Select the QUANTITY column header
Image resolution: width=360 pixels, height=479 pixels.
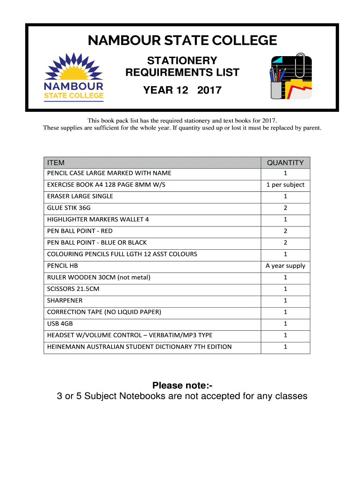(x=285, y=163)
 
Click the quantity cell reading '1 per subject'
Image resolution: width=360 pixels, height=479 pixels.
(x=285, y=185)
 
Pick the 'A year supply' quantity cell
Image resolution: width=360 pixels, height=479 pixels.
(x=285, y=266)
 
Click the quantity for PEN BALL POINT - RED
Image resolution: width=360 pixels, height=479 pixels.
(x=285, y=231)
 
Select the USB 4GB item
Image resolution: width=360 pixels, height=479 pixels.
(x=60, y=324)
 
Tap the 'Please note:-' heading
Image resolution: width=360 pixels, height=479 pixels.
(x=182, y=385)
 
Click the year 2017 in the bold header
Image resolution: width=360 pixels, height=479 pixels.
(x=209, y=90)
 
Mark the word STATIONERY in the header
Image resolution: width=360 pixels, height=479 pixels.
(x=182, y=61)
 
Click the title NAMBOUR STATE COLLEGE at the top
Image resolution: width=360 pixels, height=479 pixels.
(x=182, y=41)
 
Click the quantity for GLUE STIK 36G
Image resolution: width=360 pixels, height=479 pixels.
(x=285, y=208)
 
